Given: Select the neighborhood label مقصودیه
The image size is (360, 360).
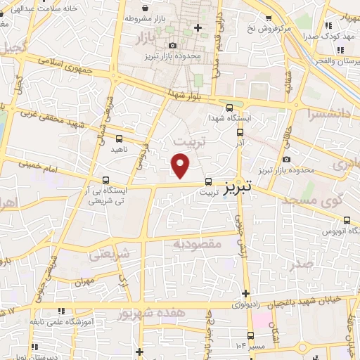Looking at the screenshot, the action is [x=198, y=243].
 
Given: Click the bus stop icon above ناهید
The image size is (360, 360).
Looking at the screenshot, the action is [x=118, y=139].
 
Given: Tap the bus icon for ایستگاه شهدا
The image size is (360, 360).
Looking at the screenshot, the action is [x=230, y=107].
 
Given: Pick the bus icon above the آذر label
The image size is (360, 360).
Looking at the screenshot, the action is [x=240, y=131].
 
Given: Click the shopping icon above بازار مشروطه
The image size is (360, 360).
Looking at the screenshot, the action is [x=146, y=8].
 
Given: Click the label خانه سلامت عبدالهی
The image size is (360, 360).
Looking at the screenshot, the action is [x=41, y=8].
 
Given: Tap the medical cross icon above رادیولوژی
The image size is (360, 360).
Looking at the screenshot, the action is [x=245, y=293].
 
